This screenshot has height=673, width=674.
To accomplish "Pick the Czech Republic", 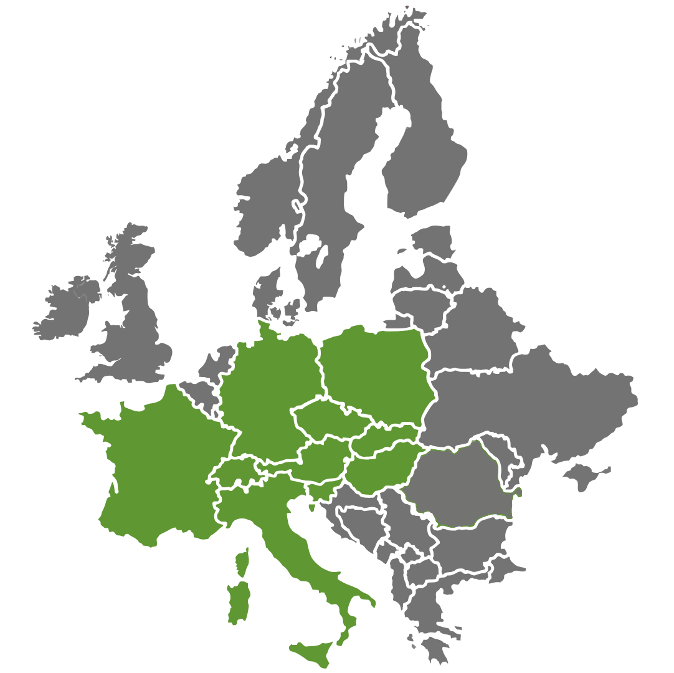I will point(324,418).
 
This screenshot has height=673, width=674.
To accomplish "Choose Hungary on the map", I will point(380,467).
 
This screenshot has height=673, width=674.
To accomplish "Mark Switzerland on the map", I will point(234,474).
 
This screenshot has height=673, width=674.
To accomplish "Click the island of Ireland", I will point(65,308).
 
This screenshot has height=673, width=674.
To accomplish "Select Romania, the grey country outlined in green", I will point(461,486).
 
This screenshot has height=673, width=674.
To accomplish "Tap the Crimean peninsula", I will point(586,477).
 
